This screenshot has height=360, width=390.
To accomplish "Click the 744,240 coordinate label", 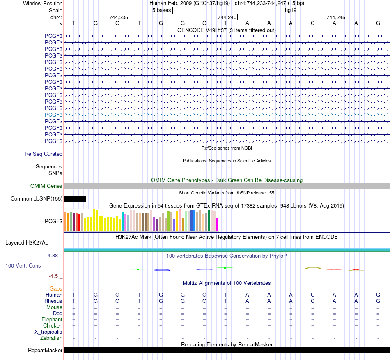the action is coord(227,17).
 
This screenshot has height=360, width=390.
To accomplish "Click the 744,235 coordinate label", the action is coord(119,17).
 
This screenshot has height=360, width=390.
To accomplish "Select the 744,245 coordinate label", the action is coord(336,17).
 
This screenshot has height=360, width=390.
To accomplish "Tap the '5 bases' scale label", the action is coord(161,10).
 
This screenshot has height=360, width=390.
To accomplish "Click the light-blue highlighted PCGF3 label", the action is coord(53,115).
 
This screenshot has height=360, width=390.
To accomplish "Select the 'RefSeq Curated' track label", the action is coord(44,154).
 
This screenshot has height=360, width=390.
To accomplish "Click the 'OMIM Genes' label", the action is coord(46,186).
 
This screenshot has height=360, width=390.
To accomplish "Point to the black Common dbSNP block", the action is coord(75,198).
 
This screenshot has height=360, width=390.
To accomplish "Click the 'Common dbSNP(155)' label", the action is coord(37,198).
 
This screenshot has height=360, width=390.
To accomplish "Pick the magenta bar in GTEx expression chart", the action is coord(218,224).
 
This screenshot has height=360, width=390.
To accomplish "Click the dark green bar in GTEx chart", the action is coord(209,221).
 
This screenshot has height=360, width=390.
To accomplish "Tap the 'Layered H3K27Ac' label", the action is coord(27,243).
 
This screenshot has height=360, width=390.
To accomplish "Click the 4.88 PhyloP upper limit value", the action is coord(53,256).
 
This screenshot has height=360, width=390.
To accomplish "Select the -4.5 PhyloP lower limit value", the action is coord(53,276).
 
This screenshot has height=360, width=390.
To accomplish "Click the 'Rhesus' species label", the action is coord(53,301).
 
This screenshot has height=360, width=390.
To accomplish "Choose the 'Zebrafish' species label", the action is coord(51,338).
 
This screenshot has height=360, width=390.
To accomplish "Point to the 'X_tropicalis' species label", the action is coord(48,332).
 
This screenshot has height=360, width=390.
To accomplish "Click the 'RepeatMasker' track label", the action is coord(45,350).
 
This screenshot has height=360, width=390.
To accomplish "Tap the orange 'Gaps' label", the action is coord(56,289).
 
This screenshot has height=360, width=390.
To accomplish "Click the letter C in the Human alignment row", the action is coord(313,295).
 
